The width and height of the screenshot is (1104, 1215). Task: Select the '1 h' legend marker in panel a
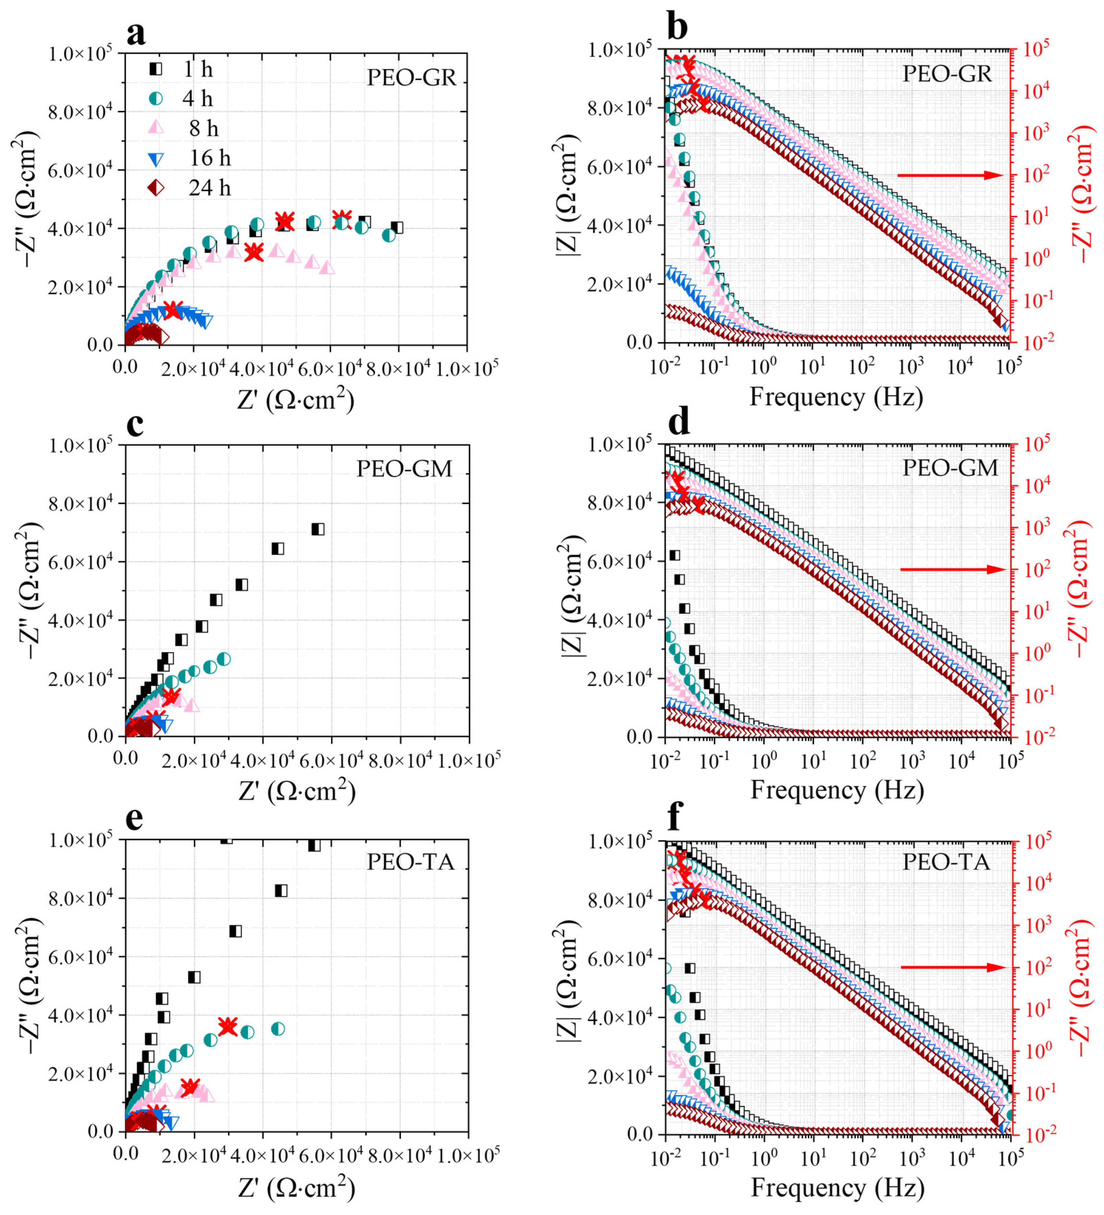155,69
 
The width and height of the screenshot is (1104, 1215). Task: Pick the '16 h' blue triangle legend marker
155,159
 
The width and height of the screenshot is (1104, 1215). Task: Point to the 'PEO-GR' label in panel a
412,78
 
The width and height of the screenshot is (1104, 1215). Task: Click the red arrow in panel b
949,175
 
